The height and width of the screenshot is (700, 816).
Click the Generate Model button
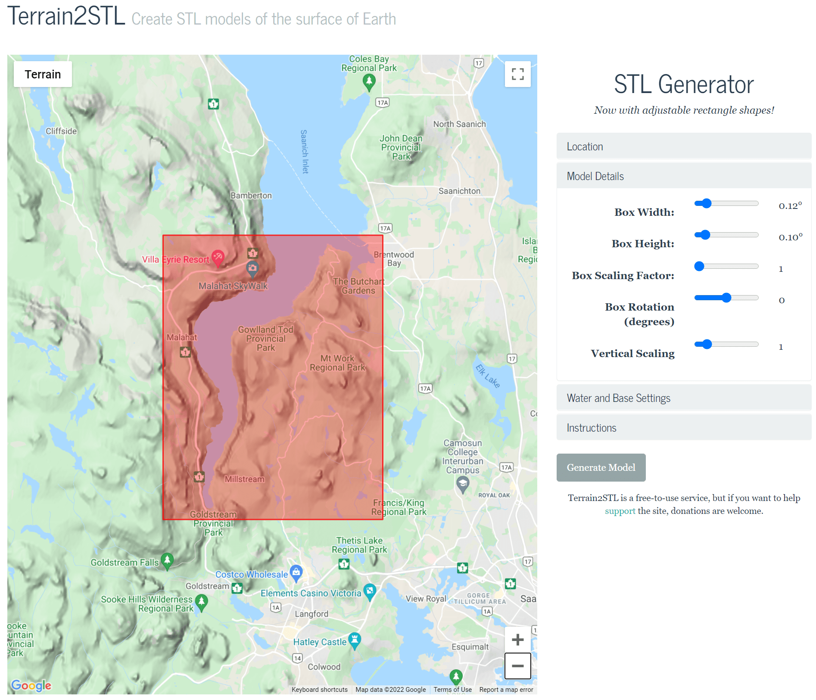[x=601, y=467]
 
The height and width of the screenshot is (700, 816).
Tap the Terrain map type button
[x=43, y=74]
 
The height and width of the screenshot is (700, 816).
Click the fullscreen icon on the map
[x=517, y=74]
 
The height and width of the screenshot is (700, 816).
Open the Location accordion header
[x=683, y=146]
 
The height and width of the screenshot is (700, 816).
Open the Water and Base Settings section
[x=683, y=398]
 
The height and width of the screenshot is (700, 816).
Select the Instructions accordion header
[x=683, y=428]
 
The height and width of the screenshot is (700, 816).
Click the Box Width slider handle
[x=706, y=203]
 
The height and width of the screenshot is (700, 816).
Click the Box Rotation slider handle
[x=726, y=298]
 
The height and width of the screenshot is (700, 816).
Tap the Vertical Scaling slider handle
[x=707, y=344]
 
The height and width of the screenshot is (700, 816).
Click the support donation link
[x=620, y=511]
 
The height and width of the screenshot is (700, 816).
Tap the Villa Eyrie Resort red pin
[x=218, y=258]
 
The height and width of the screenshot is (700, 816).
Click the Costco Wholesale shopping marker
[x=296, y=572]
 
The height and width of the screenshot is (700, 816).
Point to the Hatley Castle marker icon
[x=354, y=640]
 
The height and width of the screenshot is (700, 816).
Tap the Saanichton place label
[x=459, y=191]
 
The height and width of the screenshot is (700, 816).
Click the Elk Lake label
[x=488, y=376]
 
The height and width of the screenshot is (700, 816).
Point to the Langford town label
[x=311, y=614]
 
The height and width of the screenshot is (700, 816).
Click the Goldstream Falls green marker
[x=167, y=560]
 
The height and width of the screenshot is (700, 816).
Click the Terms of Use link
[x=452, y=690]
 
